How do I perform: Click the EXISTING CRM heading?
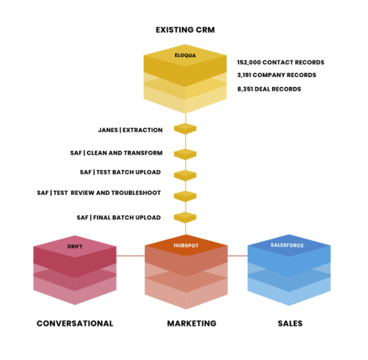[185, 30]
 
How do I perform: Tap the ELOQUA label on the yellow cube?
[185, 55]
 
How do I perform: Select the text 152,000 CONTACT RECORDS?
[280, 62]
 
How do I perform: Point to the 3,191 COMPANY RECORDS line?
[277, 75]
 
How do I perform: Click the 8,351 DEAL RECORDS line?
[269, 89]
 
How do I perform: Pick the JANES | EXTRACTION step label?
[130, 130]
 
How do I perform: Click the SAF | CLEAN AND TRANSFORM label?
[117, 153]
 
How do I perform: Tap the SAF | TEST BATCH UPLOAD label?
[120, 172]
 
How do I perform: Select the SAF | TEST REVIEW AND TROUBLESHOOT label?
[99, 193]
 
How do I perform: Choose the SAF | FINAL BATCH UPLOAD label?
[119, 218]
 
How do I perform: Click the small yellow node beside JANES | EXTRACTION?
[185, 129]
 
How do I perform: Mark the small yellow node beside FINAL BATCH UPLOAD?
[185, 218]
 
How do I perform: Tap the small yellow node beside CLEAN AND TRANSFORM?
[185, 154]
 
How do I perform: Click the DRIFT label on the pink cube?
[75, 247]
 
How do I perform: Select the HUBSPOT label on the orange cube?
[186, 246]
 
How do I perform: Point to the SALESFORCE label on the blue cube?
[287, 245]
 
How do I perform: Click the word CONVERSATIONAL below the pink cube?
[75, 324]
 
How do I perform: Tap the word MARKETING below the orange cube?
[192, 324]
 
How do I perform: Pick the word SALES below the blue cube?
[290, 324]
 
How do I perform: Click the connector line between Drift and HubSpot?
[131, 256]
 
